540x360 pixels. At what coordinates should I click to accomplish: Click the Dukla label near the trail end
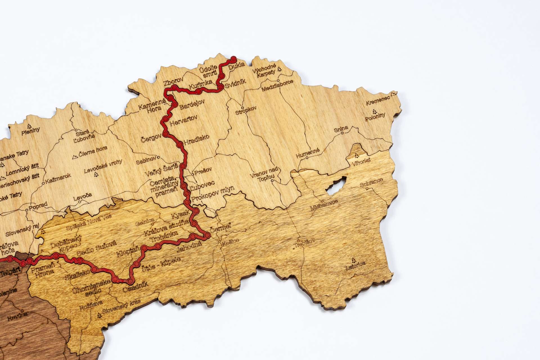point(237,67)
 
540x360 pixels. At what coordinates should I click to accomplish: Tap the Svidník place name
point(236,83)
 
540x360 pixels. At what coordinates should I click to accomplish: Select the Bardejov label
point(192,105)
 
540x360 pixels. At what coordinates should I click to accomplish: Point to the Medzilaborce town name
point(277,85)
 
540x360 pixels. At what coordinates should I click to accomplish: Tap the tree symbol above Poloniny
point(374,111)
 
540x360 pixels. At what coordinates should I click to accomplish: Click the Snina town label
point(341,129)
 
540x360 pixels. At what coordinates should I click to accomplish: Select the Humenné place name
point(308,154)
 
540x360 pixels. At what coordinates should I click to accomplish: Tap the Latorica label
point(355,265)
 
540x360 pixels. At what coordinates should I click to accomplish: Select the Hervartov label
point(183,120)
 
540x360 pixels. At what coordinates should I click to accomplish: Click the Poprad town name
point(38,206)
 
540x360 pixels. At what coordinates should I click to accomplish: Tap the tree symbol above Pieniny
point(29,126)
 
